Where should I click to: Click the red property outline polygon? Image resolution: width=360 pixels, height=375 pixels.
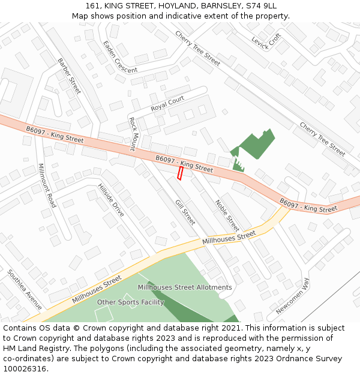tap(179, 173)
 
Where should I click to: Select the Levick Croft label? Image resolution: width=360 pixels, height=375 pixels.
tap(266, 41)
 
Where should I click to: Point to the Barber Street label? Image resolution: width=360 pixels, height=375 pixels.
tap(69, 76)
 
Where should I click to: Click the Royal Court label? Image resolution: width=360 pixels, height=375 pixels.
tap(167, 104)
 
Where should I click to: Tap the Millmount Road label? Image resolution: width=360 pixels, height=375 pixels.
tap(46, 185)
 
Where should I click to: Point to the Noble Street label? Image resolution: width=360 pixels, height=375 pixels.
tap(227, 215)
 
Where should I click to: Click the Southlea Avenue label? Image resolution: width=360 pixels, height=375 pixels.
tap(25, 289)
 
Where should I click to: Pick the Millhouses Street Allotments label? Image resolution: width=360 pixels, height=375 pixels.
tap(185, 287)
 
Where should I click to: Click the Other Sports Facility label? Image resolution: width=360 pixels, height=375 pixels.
tap(130, 302)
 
